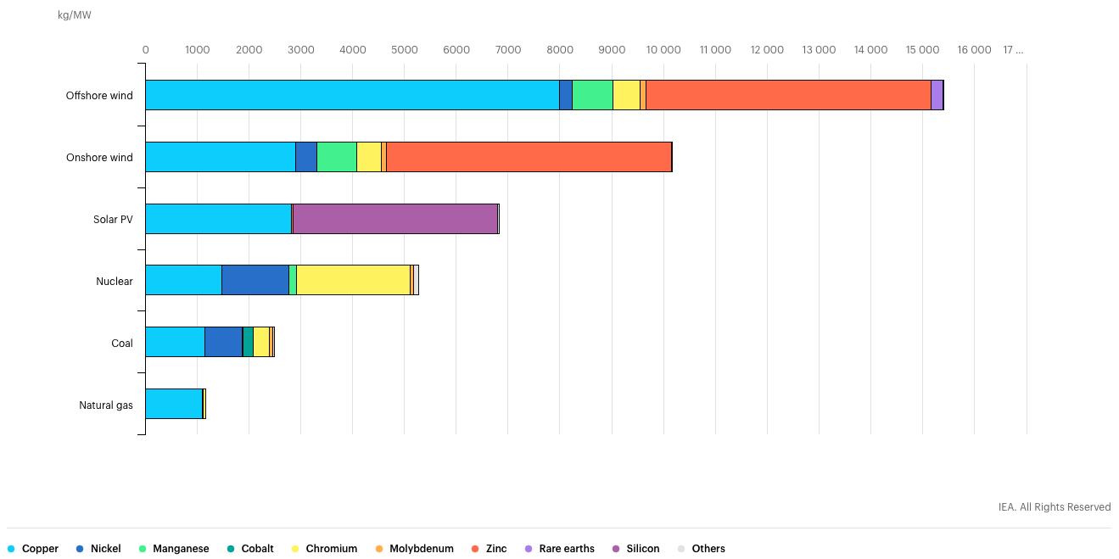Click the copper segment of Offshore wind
[352, 95]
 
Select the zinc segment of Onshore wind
[529, 157]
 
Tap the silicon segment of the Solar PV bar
[394, 219]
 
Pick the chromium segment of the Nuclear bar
[353, 280]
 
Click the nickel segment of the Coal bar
[223, 342]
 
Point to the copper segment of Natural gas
[174, 404]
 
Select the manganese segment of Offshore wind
[592, 95]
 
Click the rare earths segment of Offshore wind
[937, 95]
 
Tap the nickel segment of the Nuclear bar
[255, 280]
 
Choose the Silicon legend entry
[642, 549]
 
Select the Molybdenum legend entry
[421, 549]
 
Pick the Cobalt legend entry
[256, 549]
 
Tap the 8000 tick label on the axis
[560, 50]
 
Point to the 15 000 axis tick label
[922, 50]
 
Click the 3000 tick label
[301, 50]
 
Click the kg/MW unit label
[75, 16]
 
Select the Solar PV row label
[113, 219]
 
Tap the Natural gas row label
[106, 405]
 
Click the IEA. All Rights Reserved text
[1054, 507]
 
